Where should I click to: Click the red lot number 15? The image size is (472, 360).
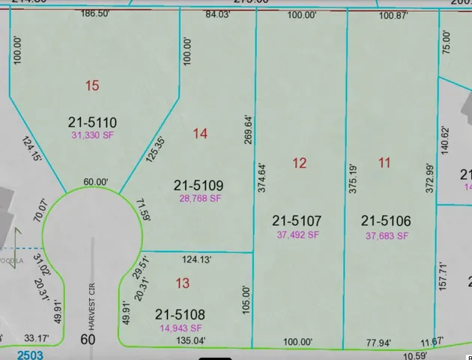pos(92,86)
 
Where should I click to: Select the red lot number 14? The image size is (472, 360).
pos(199,134)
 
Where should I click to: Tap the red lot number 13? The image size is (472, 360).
pos(182,283)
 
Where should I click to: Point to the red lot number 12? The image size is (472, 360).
pos(300,163)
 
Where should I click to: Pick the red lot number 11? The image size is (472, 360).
pos(385,162)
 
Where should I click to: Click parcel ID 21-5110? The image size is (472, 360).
pos(94,122)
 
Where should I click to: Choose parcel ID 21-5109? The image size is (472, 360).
pos(199,185)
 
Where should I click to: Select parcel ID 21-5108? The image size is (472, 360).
pos(180,314)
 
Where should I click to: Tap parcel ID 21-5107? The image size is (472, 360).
pos(297,221)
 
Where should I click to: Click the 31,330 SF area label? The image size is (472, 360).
pos(94,135)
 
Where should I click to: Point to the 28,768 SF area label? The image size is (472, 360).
pos(200,199)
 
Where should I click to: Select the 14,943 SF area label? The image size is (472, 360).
pos(180,328)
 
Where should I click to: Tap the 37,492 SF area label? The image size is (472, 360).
pos(298,235)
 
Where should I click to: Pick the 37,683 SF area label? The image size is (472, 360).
pos(387,235)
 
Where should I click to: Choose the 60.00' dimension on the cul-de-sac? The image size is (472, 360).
pos(95,182)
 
